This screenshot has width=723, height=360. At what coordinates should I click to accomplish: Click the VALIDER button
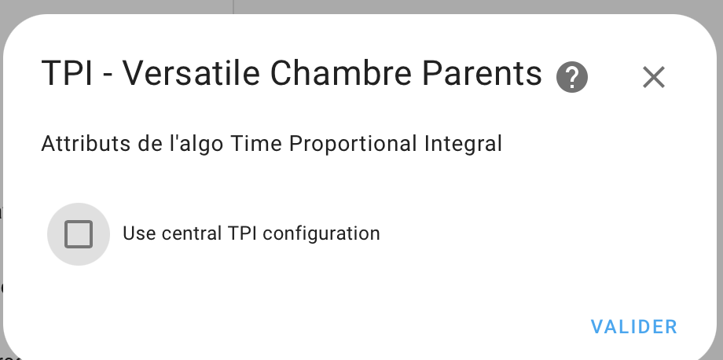(x=634, y=327)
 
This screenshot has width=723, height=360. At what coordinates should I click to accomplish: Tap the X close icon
(x=654, y=77)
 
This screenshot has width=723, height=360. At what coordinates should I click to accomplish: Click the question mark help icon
(x=572, y=78)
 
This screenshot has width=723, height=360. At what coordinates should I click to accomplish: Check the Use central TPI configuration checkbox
(x=79, y=234)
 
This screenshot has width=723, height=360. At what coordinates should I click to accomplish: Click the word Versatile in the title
(x=191, y=73)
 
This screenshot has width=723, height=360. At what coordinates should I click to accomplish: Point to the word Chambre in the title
(x=341, y=73)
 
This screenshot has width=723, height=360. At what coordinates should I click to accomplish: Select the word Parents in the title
(x=482, y=74)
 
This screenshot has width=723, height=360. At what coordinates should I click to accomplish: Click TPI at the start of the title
(x=67, y=74)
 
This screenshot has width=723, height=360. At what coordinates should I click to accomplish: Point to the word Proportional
(x=353, y=145)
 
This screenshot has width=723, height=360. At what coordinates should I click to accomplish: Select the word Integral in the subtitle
(x=463, y=145)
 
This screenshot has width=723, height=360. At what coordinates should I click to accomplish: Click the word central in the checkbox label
(x=192, y=233)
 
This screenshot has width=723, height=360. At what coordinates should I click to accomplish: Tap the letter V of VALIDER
(x=598, y=327)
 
